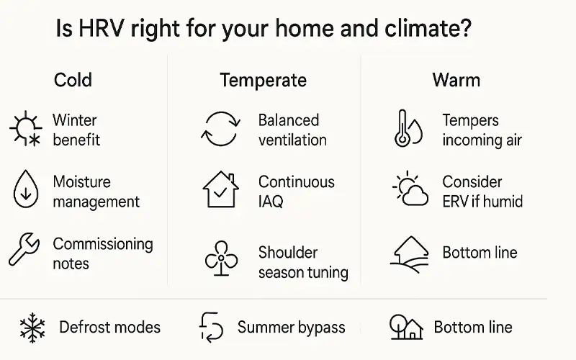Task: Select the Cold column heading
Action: tap(73, 79)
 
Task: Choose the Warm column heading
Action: tap(456, 79)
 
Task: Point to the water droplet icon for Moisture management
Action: tap(24, 190)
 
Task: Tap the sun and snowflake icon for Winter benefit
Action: tap(25, 130)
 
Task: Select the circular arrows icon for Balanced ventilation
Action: tap(219, 130)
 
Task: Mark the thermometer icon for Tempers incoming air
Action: tap(407, 130)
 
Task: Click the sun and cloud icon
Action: tap(409, 190)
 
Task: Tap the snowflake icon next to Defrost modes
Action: tap(32, 328)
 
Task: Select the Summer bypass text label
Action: tap(291, 328)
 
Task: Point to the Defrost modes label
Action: tap(109, 328)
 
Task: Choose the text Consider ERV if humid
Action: tap(482, 192)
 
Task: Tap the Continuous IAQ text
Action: tap(296, 192)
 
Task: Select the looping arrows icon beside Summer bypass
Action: tap(212, 328)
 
